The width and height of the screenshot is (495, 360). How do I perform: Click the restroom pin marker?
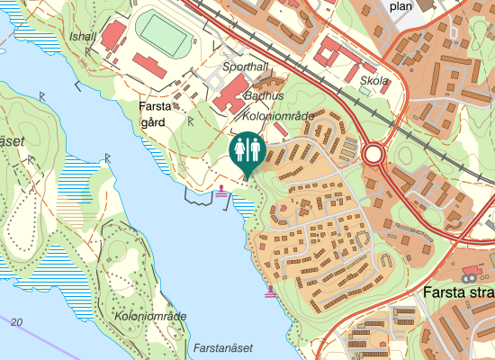[246, 149]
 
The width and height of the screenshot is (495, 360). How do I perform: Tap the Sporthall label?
[245, 67]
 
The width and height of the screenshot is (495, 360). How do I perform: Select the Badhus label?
[265, 96]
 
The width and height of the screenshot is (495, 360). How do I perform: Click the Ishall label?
[82, 36]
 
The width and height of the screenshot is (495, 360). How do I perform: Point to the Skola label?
[373, 81]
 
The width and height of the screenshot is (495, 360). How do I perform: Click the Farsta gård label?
[155, 114]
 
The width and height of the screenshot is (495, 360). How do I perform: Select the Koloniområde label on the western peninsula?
[150, 316]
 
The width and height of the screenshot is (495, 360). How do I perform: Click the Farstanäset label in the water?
[223, 347]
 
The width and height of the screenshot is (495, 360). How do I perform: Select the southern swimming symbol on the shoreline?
[271, 292]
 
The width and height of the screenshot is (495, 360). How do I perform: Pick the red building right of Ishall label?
[113, 37]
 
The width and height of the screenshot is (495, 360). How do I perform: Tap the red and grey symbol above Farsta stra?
[472, 269]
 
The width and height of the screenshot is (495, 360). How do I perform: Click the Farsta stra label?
[458, 293]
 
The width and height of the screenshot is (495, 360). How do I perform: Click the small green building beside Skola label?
[364, 91]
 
